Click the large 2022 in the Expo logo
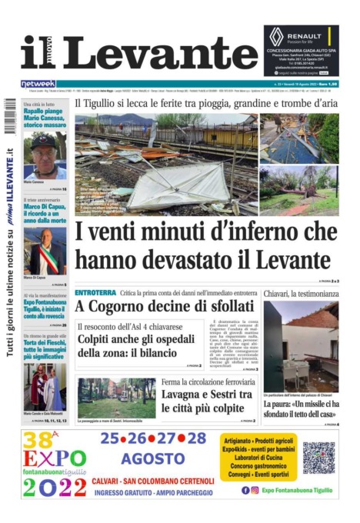[x=53, y=487]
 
